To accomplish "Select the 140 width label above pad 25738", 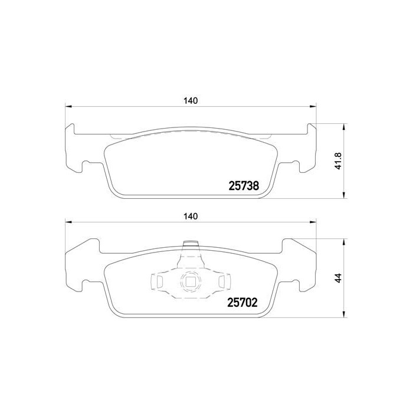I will coord(189,100).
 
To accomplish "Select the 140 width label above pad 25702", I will coord(189,217).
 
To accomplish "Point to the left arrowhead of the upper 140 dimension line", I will coord(68,107).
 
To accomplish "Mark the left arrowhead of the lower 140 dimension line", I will coord(68,222).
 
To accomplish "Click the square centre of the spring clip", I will coord(189,283).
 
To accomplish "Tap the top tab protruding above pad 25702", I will coord(189,244).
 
